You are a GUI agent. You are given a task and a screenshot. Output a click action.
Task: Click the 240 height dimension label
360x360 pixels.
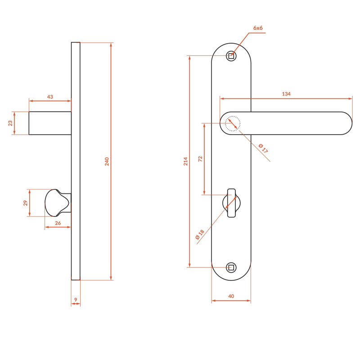click(107, 162)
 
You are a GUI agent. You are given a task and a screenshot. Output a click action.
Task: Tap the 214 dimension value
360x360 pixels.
click(185, 161)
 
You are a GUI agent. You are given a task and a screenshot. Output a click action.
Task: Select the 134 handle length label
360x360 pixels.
click(286, 94)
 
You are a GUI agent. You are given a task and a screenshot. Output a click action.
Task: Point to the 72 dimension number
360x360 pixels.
click(200, 159)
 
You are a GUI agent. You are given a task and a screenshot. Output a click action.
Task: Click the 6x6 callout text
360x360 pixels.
click(258, 28)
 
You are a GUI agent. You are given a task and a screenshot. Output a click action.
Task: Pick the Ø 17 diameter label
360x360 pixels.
click(263, 148)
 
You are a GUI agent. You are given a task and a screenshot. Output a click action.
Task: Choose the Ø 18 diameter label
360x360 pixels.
click(200, 234)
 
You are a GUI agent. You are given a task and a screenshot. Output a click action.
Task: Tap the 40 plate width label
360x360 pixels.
click(231, 296)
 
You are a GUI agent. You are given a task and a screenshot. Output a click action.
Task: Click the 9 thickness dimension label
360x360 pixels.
click(76, 300)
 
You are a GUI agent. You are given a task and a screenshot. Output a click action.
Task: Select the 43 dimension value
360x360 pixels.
click(50, 97)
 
